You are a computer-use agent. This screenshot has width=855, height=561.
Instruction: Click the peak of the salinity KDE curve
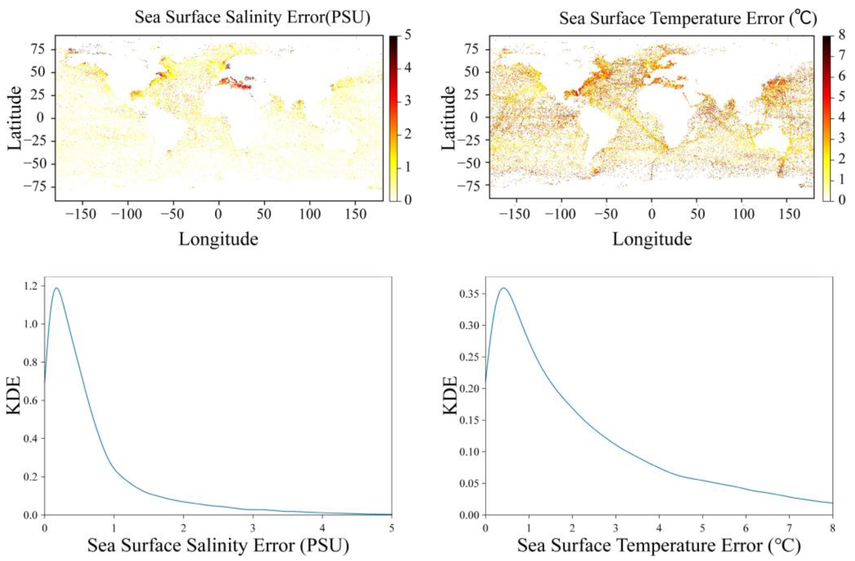pyautogui.click(x=56, y=288)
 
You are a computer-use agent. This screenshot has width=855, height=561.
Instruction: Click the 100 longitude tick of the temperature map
pyautogui.click(x=742, y=215)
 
